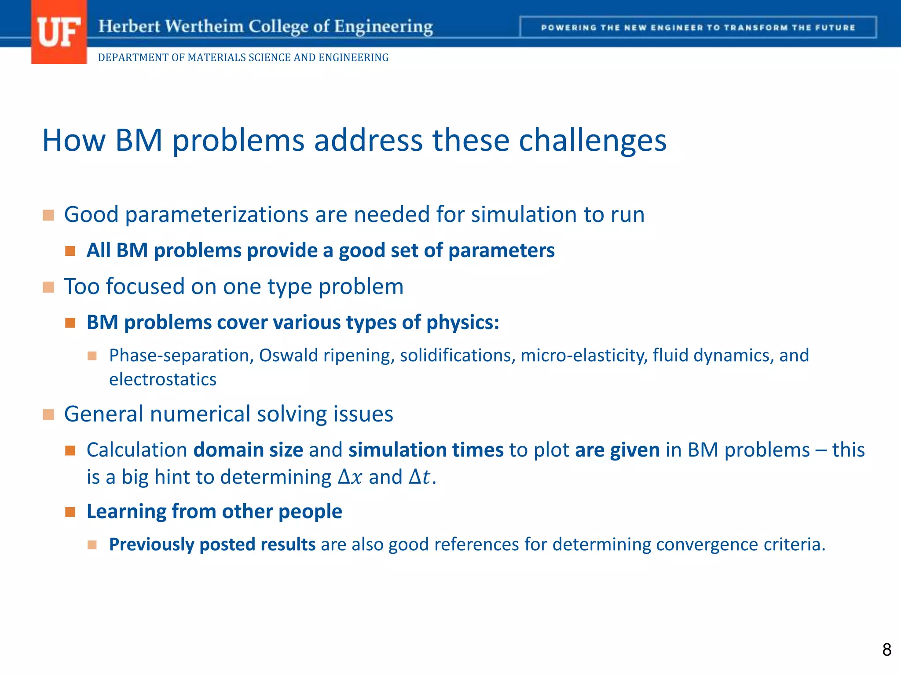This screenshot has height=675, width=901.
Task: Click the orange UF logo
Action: click(59, 33)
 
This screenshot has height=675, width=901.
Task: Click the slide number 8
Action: click(886, 650)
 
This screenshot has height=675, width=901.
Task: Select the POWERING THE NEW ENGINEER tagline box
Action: click(698, 27)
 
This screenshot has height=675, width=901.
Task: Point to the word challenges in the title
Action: click(593, 141)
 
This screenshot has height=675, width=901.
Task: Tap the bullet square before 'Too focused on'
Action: click(48, 287)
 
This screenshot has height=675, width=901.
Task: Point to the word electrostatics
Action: click(163, 379)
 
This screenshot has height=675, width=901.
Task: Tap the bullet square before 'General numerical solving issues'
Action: click(48, 414)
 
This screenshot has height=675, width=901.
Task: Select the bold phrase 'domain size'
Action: click(248, 450)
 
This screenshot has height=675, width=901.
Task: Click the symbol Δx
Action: click(350, 477)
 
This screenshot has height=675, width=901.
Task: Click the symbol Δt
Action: click(419, 477)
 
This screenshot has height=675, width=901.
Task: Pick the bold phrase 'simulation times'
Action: click(426, 450)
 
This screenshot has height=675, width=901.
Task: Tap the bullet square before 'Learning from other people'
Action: click(70, 512)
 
